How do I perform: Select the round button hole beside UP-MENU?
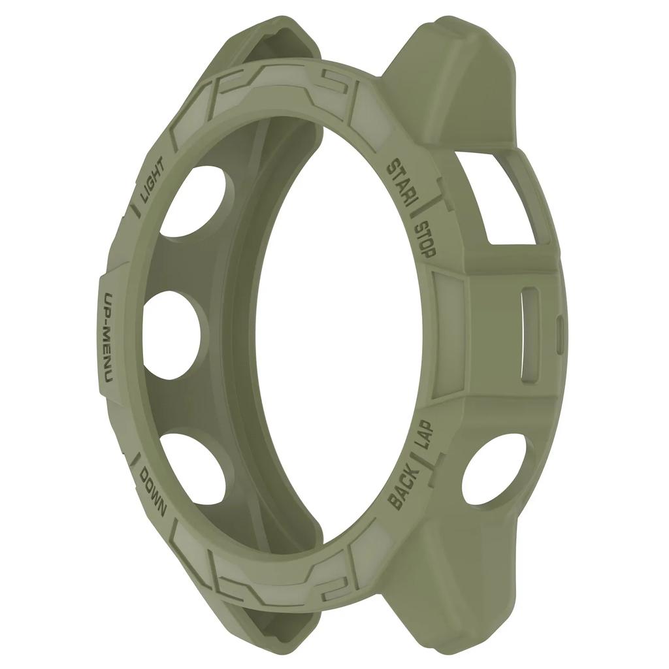pos(174,333)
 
